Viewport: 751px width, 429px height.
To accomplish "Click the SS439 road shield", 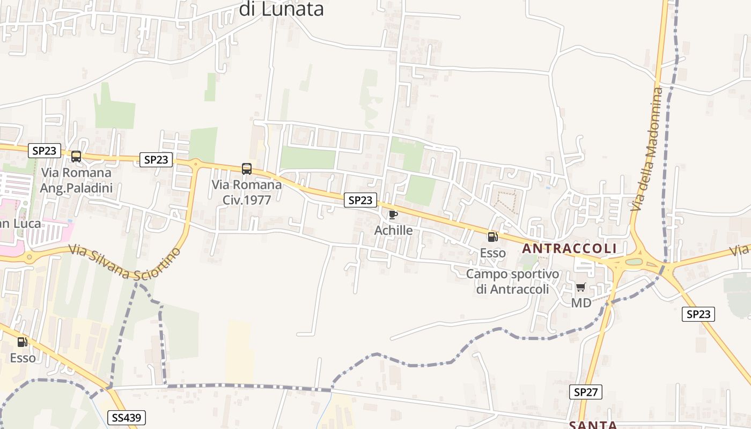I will [x=127, y=418].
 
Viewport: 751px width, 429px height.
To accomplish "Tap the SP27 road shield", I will [x=586, y=392].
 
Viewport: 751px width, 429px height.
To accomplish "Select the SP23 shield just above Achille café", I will [x=360, y=200].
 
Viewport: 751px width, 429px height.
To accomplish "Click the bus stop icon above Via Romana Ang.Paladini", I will [x=76, y=157].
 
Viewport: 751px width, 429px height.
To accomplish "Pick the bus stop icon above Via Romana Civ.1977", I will [x=247, y=169].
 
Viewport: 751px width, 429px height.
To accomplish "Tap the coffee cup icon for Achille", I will [x=393, y=215].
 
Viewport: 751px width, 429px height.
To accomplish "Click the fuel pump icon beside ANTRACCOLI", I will [x=492, y=236].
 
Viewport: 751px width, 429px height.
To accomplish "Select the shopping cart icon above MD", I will [x=581, y=287].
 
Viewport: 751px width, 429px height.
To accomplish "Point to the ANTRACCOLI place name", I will [x=569, y=249].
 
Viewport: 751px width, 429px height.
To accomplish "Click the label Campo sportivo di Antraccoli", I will [x=512, y=282].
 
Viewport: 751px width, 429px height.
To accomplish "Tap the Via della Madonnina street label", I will [x=647, y=149].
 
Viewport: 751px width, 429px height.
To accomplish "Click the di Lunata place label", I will [x=281, y=9].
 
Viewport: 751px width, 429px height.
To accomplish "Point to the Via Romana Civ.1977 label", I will [x=247, y=191].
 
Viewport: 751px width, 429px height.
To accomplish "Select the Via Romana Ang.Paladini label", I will [x=76, y=180].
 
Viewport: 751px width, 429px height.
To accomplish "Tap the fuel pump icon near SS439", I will [x=22, y=342].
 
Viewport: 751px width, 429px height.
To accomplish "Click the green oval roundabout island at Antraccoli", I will [x=634, y=262].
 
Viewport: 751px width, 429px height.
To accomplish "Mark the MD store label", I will [x=581, y=303].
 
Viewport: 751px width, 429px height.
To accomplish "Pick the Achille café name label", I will [x=393, y=231].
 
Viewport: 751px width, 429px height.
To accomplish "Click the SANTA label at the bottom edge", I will [x=593, y=425].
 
